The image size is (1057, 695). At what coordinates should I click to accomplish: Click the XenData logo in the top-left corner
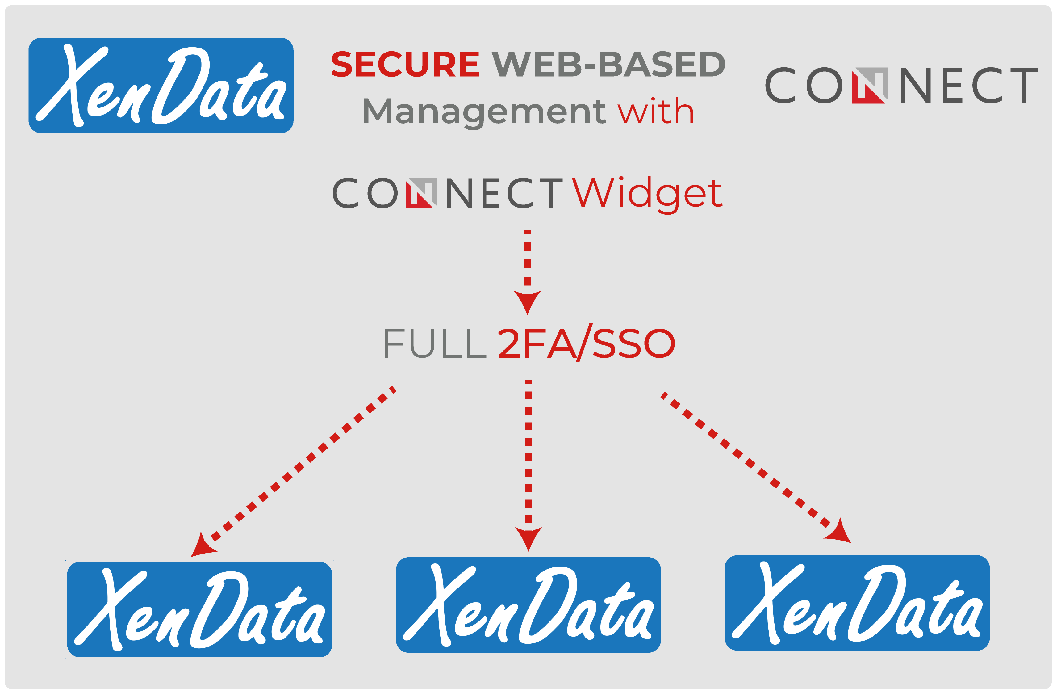[x=161, y=85]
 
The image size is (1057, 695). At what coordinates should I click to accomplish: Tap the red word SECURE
[x=405, y=64]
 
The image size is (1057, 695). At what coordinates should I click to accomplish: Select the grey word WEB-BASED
[x=608, y=64]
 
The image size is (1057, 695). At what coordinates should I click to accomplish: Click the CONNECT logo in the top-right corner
[x=901, y=85]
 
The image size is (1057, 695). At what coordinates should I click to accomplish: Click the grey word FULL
[x=435, y=343]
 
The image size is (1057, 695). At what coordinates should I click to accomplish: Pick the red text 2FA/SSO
[x=586, y=342]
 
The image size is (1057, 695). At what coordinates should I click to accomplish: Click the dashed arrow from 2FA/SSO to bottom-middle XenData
[x=528, y=466]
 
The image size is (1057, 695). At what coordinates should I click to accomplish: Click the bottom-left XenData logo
[x=199, y=610]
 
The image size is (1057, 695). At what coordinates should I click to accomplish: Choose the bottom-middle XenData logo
[x=528, y=605]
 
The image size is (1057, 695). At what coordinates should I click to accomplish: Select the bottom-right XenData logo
[x=857, y=603]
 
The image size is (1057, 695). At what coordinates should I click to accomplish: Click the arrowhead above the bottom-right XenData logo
[x=838, y=532]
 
